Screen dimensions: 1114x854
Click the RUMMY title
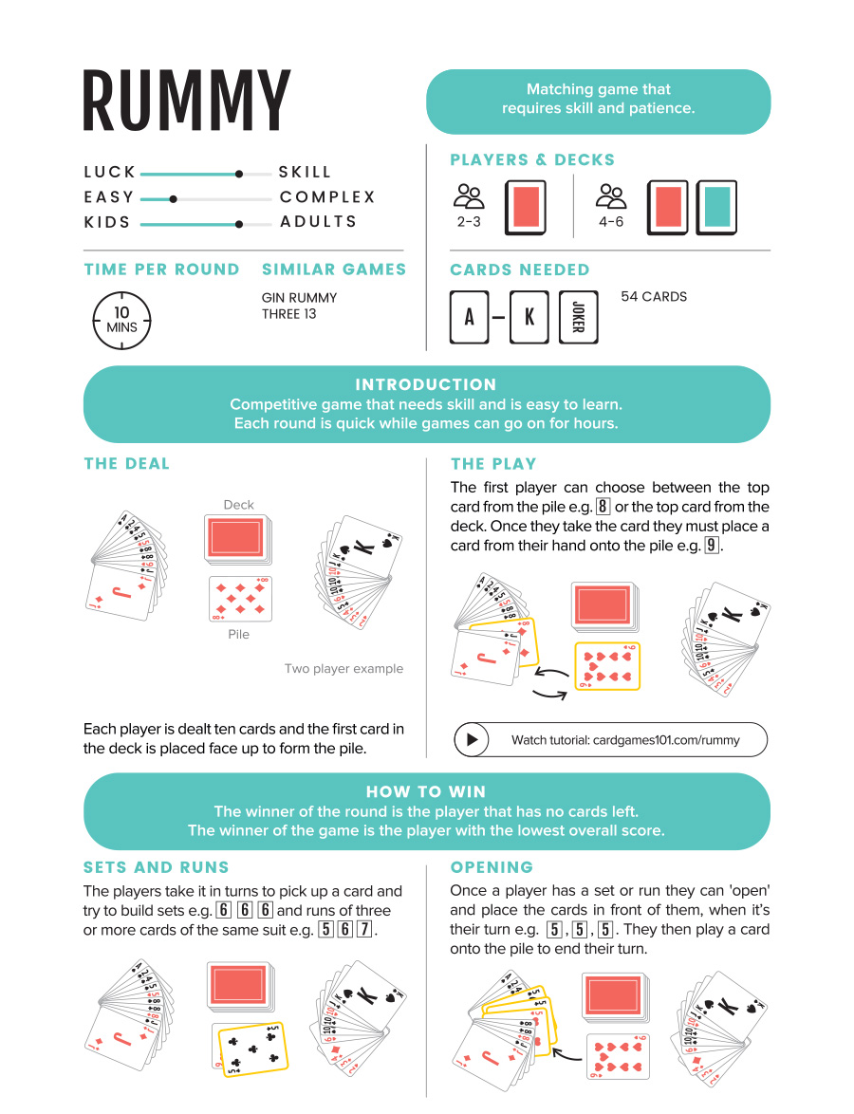[x=186, y=101]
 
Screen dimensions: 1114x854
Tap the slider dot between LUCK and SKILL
[x=239, y=174]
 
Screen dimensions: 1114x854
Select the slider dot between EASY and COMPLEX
[x=173, y=199]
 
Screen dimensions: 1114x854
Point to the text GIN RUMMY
[x=299, y=298]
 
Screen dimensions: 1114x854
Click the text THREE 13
[x=289, y=314]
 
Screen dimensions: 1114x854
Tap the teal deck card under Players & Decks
[x=716, y=206]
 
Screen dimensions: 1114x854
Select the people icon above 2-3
[x=469, y=196]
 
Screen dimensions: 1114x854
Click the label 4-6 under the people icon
[x=612, y=221]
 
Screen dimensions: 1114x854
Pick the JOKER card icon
[x=578, y=317]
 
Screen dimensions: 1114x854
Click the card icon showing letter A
[x=469, y=317]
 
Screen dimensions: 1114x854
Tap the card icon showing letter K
[x=529, y=317]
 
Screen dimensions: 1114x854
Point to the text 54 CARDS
[x=654, y=297]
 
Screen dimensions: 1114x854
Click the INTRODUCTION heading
[x=426, y=384]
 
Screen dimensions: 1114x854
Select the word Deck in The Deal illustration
[x=238, y=505]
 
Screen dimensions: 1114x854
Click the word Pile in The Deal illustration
[x=238, y=634]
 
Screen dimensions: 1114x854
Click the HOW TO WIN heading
[x=426, y=791]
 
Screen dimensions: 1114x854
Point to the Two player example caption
[x=343, y=669]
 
